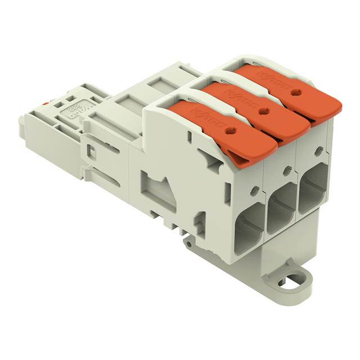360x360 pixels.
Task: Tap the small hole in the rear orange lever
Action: pyautogui.click(x=298, y=92)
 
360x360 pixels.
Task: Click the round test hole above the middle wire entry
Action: pyautogui.click(x=287, y=169)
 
